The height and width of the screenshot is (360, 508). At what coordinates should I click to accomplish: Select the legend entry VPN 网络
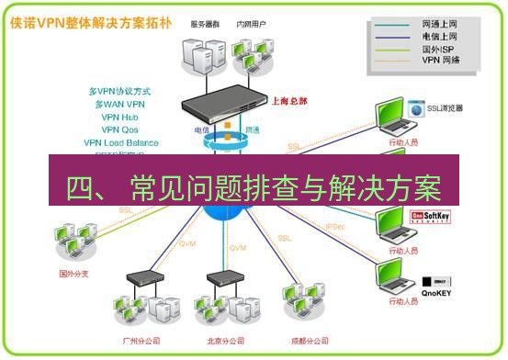click(x=440, y=60)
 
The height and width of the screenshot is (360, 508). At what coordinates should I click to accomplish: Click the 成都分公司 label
click(x=309, y=339)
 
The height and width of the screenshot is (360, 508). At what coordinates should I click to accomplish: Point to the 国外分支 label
click(x=76, y=273)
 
